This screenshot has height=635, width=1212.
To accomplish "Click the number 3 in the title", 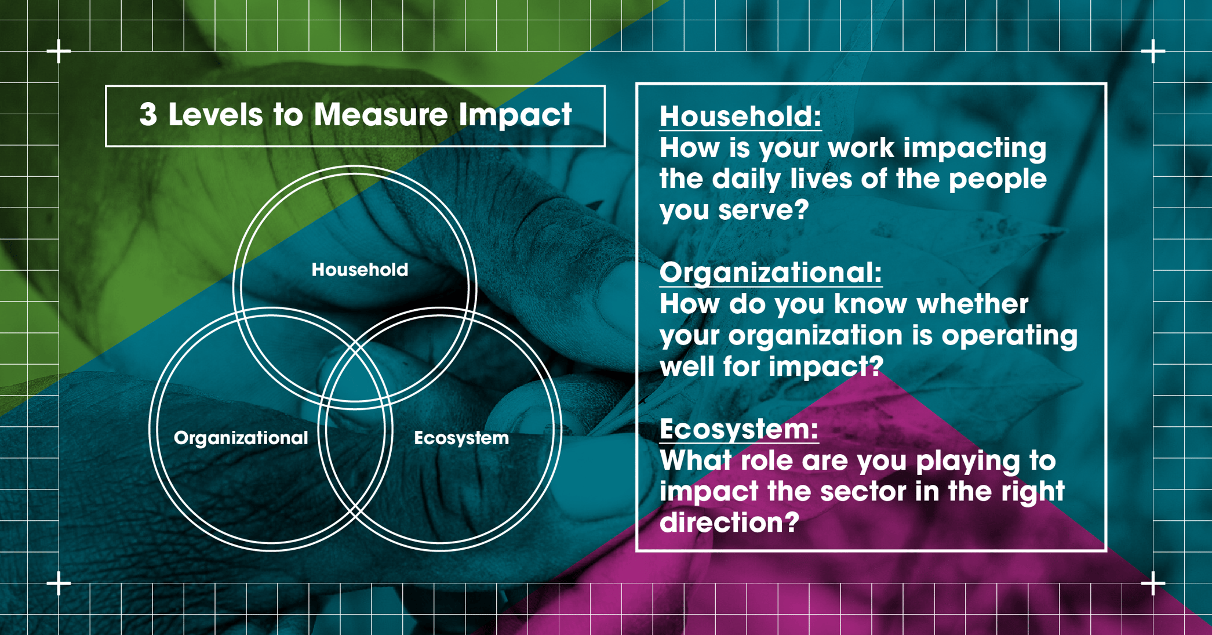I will [148, 115].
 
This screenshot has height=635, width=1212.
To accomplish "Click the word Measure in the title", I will [381, 115].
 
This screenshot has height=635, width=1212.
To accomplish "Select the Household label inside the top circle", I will [360, 270].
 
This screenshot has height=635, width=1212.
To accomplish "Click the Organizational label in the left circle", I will [241, 438].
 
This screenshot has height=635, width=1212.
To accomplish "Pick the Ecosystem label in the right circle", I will [461, 438].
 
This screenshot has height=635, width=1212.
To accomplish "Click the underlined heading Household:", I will [740, 116].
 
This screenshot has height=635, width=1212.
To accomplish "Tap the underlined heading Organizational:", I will [770, 273].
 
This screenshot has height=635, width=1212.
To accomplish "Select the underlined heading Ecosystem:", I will [739, 429].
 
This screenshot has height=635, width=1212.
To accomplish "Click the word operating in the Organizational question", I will [1009, 336].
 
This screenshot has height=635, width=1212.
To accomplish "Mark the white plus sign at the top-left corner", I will [59, 52].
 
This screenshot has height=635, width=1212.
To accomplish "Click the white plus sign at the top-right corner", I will [1153, 52].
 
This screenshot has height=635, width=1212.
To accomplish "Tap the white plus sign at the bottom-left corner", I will [59, 583].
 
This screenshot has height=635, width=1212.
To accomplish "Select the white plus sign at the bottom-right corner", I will [1153, 583].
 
